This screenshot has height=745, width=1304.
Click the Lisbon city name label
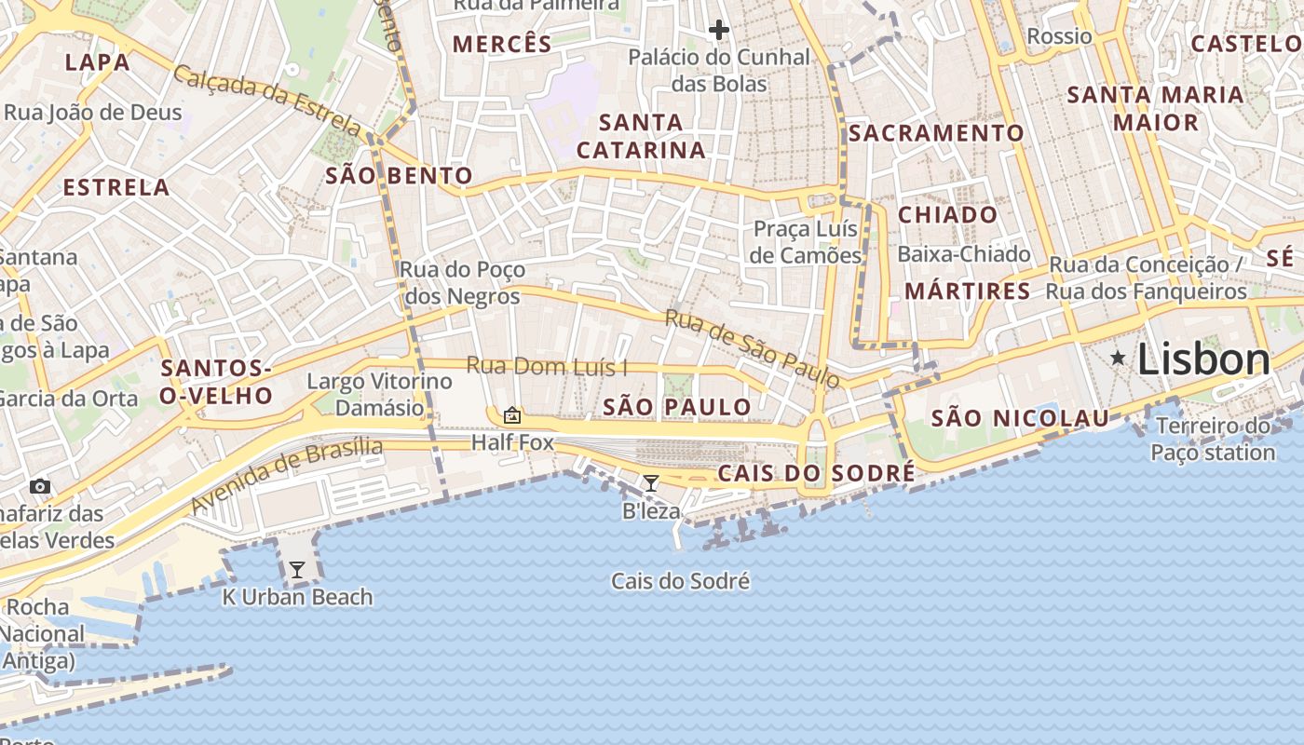(1203, 359)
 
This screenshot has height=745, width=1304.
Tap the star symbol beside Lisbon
(1118, 358)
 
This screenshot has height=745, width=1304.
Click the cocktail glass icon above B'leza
(651, 482)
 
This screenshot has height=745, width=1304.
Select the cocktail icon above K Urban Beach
(297, 569)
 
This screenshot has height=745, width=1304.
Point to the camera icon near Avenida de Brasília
(39, 486)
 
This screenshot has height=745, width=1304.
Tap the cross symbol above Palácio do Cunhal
(718, 30)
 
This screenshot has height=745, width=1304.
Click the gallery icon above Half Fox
(511, 414)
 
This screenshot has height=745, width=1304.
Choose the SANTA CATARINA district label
(641, 136)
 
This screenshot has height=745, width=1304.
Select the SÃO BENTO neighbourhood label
(399, 176)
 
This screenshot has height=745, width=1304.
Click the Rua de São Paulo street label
(752, 348)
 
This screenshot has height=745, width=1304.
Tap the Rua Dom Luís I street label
(547, 366)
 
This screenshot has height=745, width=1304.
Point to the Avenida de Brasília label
(287, 475)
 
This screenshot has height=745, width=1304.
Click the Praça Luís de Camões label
(806, 242)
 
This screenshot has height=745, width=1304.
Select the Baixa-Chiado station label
(963, 254)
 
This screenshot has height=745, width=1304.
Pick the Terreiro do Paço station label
(1213, 440)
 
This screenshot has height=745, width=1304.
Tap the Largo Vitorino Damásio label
(379, 394)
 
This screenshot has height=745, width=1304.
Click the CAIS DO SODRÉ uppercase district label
(816, 474)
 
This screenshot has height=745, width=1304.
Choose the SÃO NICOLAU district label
(1020, 418)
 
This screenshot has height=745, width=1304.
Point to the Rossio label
(1059, 36)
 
